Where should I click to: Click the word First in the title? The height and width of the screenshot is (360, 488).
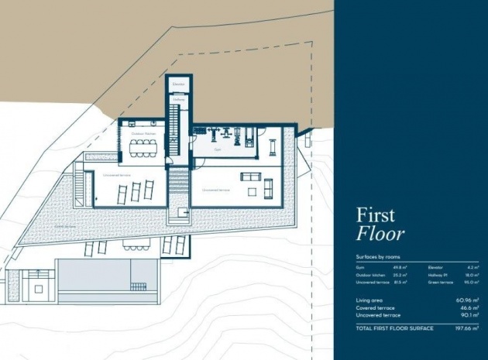(x=376, y=215)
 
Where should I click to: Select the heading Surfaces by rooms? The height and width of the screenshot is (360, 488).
(x=379, y=256)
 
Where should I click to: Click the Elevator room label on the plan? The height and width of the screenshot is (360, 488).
(x=178, y=84)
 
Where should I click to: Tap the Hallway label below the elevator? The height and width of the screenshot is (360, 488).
(x=178, y=100)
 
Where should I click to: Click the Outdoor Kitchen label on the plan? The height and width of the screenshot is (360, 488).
(x=142, y=133)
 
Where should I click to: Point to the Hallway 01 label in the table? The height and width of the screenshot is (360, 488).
(x=437, y=274)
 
